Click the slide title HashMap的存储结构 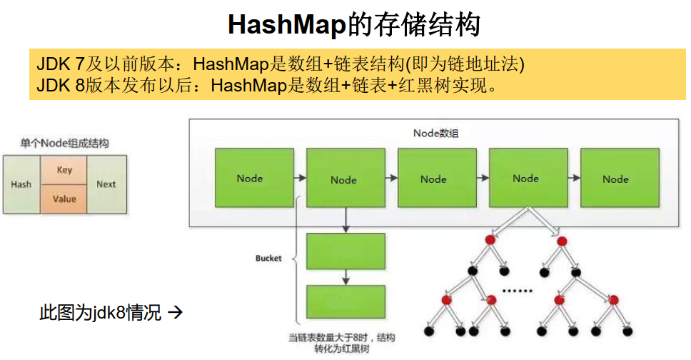[354, 24]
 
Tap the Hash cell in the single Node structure [21, 184]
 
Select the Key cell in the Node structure [65, 170]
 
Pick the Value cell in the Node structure [65, 199]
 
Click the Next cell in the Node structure [106, 184]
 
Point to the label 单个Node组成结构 [65, 144]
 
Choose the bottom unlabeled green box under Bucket [345, 303]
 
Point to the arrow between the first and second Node [298, 178]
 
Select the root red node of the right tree [562, 240]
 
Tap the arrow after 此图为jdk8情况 [176, 312]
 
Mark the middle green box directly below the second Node [345, 251]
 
